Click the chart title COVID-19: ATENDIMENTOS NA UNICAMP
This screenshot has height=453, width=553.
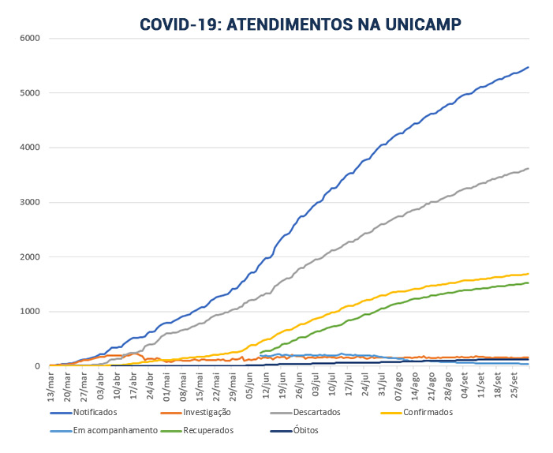(x=301, y=24)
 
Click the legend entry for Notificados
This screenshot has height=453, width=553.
(x=94, y=413)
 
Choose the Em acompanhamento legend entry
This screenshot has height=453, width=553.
(x=107, y=431)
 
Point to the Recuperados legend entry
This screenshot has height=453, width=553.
(x=208, y=431)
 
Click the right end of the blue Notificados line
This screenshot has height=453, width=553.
(x=529, y=67)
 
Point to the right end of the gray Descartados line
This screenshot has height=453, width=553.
(x=529, y=168)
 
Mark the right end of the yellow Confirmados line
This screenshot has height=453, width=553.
(x=529, y=274)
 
